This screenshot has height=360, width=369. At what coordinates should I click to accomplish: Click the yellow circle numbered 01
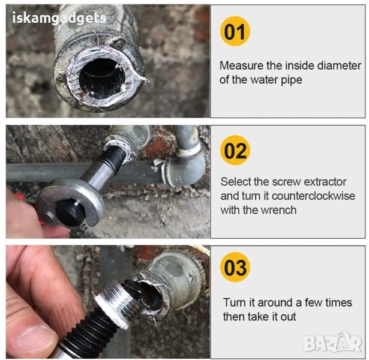coord(235,31)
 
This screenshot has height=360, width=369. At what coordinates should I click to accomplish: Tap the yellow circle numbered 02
coord(235,150)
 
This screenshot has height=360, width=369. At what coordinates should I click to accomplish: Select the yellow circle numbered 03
coord(235,267)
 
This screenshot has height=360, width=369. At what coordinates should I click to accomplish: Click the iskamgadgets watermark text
coord(59,19)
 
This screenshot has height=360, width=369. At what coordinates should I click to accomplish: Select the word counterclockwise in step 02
coord(313,196)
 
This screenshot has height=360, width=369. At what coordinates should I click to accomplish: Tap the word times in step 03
coord(338,302)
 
